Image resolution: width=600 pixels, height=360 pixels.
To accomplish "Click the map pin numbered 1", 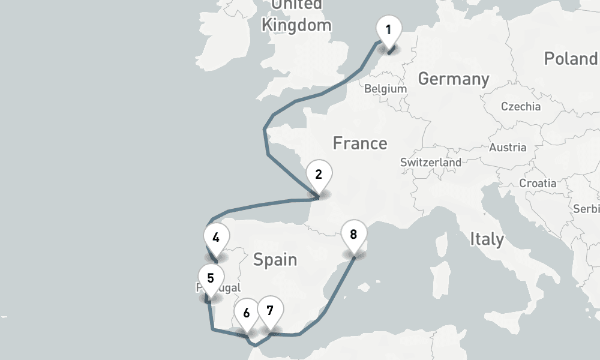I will (388, 31).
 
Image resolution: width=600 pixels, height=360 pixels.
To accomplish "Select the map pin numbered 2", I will (319, 175).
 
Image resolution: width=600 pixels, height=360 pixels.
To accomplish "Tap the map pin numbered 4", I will (215, 238).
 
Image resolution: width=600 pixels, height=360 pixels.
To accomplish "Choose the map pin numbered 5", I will (211, 278).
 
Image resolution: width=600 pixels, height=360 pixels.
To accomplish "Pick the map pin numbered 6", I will (246, 313).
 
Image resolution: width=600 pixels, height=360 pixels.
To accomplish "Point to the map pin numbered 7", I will (270, 311).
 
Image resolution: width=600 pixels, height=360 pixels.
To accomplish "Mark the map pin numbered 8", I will (353, 235).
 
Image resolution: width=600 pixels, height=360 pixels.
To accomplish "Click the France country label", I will (360, 143).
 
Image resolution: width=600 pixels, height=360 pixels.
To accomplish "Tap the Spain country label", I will (275, 260).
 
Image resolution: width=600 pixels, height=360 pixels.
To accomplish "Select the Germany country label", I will (454, 79).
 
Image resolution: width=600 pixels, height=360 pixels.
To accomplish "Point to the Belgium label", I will (385, 89).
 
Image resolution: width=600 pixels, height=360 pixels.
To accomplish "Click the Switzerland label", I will (431, 163).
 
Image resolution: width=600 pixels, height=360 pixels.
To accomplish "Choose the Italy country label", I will (487, 239).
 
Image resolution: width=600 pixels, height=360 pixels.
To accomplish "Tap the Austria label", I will (508, 148).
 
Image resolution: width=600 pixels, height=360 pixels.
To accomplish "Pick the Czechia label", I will (521, 107).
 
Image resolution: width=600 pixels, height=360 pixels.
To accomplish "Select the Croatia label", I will (538, 183).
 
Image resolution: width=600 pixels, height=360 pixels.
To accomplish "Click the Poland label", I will (570, 58).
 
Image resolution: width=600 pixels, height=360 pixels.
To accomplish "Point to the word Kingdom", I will (296, 25).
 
